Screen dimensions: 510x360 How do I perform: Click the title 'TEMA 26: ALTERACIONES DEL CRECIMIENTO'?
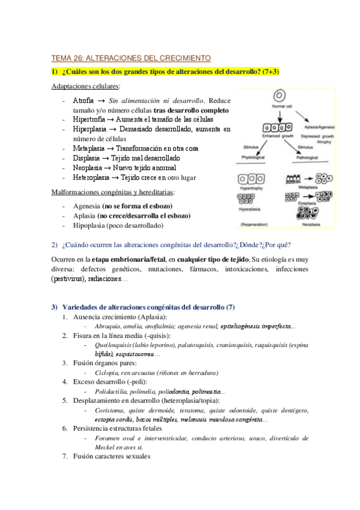131,58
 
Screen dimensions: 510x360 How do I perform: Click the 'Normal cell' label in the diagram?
280,106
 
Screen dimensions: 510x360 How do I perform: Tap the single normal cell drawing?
279,96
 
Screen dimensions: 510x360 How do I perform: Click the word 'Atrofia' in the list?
82,101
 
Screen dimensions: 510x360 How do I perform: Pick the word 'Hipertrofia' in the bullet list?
89,120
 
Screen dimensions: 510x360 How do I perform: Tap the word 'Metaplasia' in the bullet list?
88,148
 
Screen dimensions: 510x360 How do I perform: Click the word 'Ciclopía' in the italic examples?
108,373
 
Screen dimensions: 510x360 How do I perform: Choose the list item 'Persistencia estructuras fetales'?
117,429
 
